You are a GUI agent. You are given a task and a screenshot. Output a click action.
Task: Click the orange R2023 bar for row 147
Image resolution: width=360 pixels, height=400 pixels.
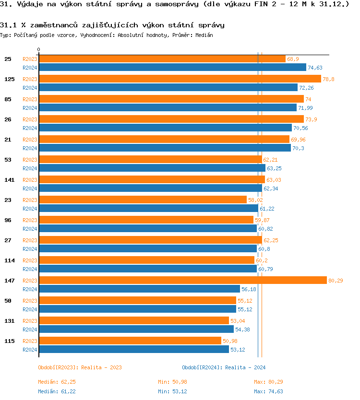(x=182, y=281)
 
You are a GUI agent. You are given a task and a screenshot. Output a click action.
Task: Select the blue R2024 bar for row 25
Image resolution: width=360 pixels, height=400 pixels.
(x=172, y=68)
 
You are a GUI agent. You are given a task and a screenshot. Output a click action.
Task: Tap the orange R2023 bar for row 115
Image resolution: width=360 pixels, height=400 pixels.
(x=130, y=341)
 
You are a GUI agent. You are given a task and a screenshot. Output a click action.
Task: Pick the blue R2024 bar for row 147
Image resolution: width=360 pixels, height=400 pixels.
(x=139, y=289)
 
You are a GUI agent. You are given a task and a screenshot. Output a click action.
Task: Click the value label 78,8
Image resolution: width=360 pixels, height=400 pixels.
(x=328, y=79)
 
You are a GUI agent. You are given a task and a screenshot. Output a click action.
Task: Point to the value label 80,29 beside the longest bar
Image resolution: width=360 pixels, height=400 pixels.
(x=336, y=281)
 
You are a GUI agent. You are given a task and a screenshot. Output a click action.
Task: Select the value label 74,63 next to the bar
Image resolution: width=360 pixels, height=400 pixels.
(x=315, y=68)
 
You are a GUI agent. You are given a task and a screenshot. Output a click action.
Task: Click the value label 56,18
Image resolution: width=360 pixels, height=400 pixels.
(x=249, y=289)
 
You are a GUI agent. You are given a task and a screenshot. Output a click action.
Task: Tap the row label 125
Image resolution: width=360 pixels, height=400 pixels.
(x=9, y=79)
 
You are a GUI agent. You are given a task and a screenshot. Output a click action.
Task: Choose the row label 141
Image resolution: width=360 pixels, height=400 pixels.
(x=9, y=180)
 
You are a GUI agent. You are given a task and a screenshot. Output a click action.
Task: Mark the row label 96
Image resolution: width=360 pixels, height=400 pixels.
(x=8, y=220)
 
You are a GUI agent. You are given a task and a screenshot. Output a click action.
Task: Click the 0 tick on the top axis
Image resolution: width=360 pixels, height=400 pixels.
(x=39, y=50)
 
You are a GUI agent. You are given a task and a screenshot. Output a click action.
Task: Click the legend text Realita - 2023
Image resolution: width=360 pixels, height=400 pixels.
(x=101, y=367)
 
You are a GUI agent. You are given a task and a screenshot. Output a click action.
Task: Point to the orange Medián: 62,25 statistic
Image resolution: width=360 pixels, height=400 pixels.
(x=57, y=382)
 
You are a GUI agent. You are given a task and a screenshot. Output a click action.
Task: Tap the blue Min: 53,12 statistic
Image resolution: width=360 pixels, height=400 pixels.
(x=172, y=392)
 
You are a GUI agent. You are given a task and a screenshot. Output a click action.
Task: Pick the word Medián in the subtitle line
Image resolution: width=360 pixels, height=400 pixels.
(x=204, y=35)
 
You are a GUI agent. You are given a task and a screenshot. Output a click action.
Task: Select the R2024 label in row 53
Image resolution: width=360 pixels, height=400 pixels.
(x=30, y=168)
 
